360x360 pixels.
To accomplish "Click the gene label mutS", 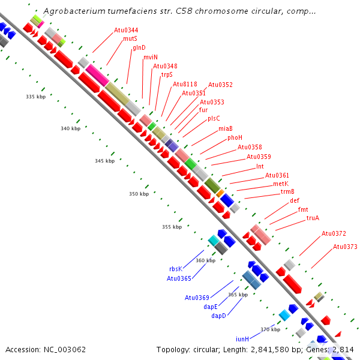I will (x=130, y=38).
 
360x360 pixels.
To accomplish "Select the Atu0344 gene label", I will (x=126, y=30).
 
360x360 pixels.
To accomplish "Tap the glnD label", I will (x=139, y=47).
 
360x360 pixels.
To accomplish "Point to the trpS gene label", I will (x=166, y=75).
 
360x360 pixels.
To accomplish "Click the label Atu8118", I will (x=185, y=84).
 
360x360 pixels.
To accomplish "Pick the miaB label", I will (x=226, y=128).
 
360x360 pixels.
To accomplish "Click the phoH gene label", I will (x=235, y=137).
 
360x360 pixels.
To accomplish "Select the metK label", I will (x=281, y=184).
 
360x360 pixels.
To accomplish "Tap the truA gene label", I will (x=313, y=218).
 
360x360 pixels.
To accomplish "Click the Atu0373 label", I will (x=345, y=247).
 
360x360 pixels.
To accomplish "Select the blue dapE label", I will (x=211, y=307).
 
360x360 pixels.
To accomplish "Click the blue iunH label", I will (x=242, y=339).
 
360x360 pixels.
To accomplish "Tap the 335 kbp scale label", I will (x=35, y=97).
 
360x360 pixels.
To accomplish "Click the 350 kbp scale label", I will (x=139, y=194).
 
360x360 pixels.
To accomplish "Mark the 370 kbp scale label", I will (x=269, y=329).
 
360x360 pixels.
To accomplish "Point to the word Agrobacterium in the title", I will (x=74, y=11).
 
